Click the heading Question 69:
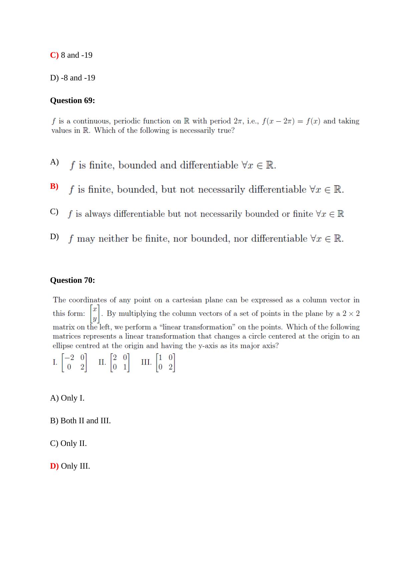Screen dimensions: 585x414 pyautogui.click(x=72, y=100)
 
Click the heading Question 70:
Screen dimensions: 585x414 pyautogui.click(x=72, y=280)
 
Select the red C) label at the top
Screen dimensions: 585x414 pyautogui.click(x=54, y=55)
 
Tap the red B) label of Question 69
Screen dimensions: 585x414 pyautogui.click(x=54, y=186)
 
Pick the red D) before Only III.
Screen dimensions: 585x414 pyautogui.click(x=54, y=466)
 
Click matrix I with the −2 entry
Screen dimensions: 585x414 pyautogui.click(x=74, y=362)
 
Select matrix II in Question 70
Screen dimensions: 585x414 pyautogui.click(x=120, y=362)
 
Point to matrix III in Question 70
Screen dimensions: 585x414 pyautogui.click(x=166, y=362)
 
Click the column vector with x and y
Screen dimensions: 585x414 pyautogui.click(x=95, y=314)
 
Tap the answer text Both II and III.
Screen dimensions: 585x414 pyautogui.click(x=85, y=421)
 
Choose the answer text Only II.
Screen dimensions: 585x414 pyautogui.click(x=73, y=443)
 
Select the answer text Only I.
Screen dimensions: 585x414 pyautogui.click(x=72, y=398)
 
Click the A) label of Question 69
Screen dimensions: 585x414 pyautogui.click(x=54, y=162)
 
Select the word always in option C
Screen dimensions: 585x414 pyautogui.click(x=97, y=214)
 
